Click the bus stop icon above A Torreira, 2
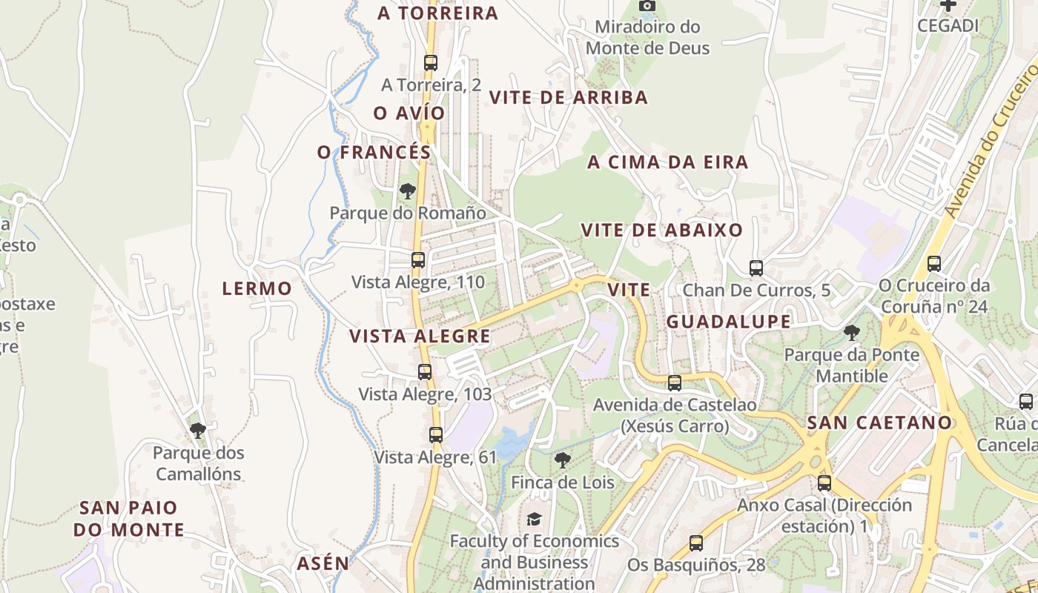[x=430, y=63]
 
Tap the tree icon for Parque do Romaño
[x=407, y=191]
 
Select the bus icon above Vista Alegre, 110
[x=418, y=260]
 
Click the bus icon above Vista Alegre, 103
[x=425, y=372]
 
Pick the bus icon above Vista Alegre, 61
[x=435, y=435]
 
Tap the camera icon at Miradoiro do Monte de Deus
[x=647, y=6]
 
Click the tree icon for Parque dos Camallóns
[x=197, y=430]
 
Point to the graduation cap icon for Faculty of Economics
[x=534, y=519]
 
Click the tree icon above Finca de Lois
[x=563, y=460]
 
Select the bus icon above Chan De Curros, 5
[x=756, y=268]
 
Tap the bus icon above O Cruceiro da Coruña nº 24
[x=934, y=264]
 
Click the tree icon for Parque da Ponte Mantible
[x=851, y=333]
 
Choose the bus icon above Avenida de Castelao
[x=675, y=383]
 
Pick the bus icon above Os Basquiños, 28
[x=695, y=543]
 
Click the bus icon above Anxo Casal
[x=824, y=483]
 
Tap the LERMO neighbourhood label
[x=257, y=288]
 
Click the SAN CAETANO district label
[x=879, y=423]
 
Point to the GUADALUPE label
[x=728, y=322]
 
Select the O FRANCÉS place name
[x=374, y=152]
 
